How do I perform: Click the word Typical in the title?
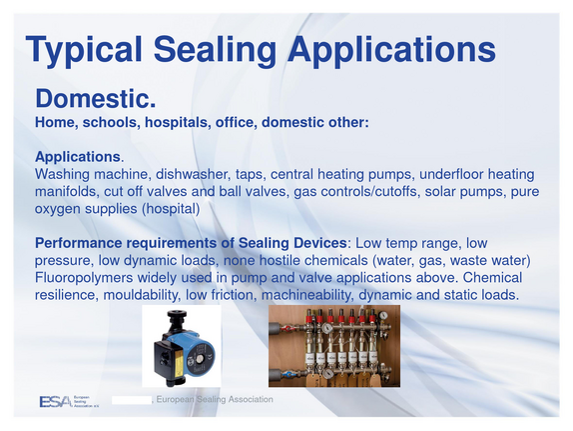[x=84, y=50]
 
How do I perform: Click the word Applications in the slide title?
[x=391, y=50]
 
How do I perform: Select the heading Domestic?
[x=96, y=98]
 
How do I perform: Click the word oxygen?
[x=57, y=209]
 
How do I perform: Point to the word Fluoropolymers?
[x=84, y=278]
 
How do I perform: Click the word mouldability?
[x=142, y=295]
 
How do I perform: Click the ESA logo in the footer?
[x=69, y=401]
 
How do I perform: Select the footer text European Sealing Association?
[x=215, y=400]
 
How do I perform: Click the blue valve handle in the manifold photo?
[x=288, y=375]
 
